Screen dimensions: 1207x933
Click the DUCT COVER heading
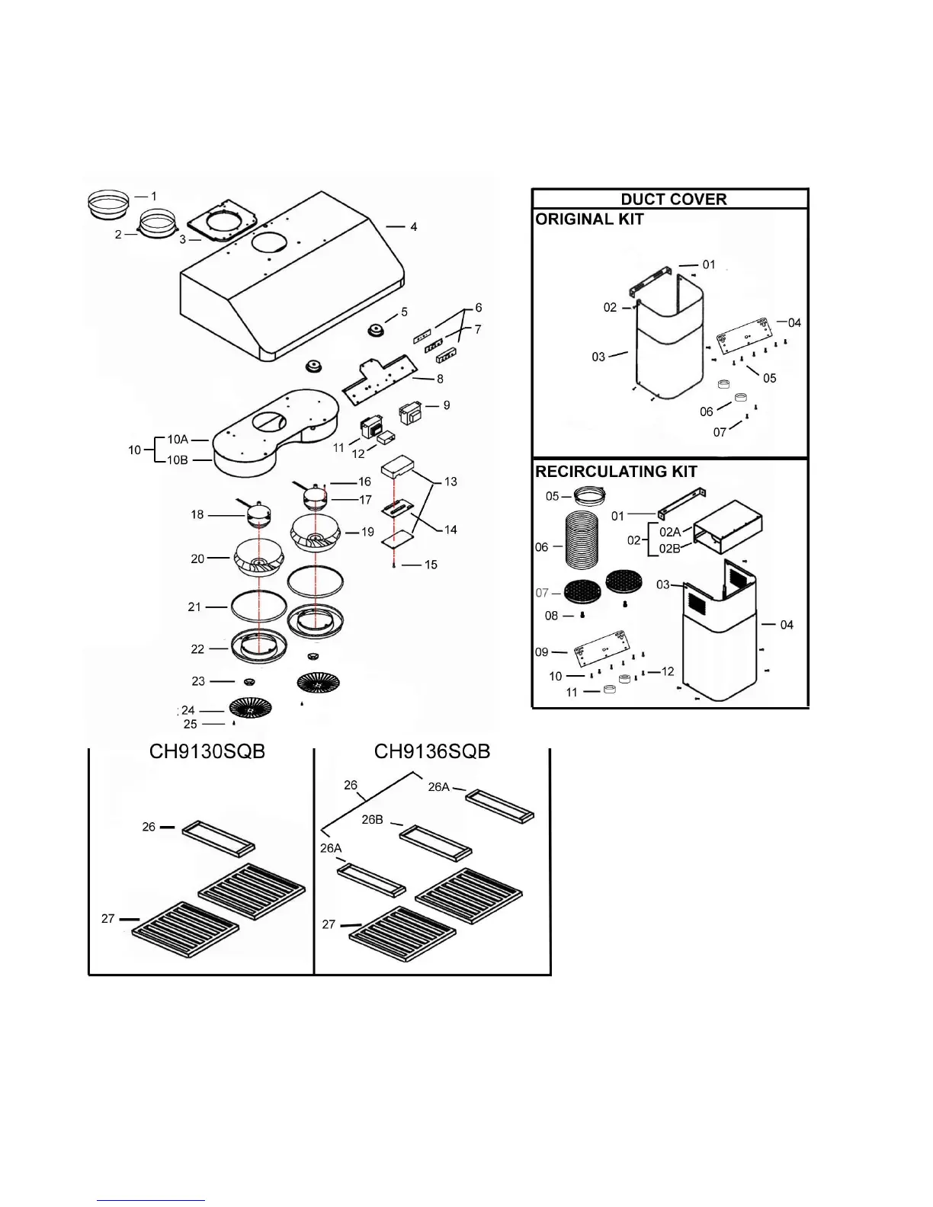click(673, 199)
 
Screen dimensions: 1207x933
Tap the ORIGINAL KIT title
click(589, 219)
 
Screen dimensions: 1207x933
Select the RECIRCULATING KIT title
click(616, 472)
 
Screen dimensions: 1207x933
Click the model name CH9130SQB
click(207, 752)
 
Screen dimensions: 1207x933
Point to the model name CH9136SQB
click(432, 752)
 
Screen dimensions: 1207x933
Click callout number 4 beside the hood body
click(413, 227)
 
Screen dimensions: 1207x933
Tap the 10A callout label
click(178, 440)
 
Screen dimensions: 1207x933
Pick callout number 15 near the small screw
click(431, 565)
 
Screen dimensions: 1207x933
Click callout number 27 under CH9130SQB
click(108, 919)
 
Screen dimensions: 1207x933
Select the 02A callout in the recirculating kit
click(670, 532)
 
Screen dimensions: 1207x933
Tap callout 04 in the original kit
click(794, 322)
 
